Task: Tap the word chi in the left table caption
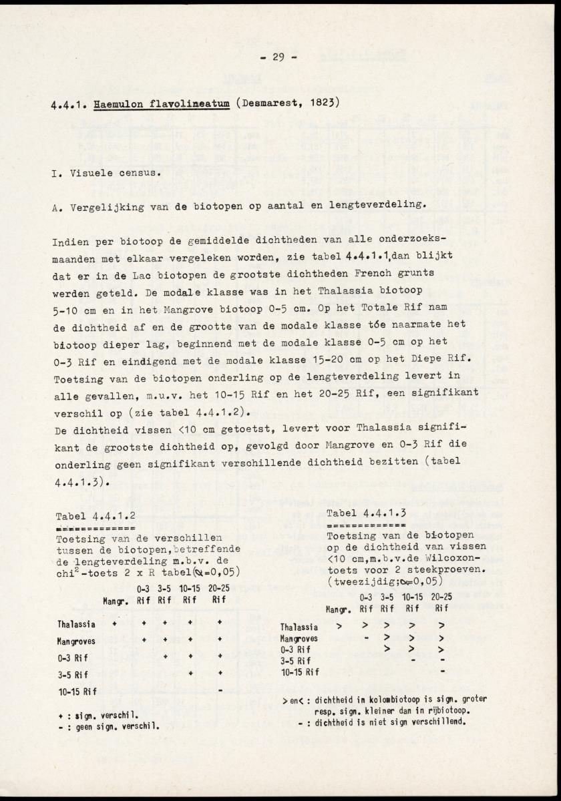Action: pos(66,572)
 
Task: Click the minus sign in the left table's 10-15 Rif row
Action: pos(220,689)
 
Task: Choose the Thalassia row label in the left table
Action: pos(76,624)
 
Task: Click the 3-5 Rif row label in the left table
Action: pos(72,674)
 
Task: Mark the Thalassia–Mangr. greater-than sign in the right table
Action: pos(339,626)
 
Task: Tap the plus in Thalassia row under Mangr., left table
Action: pos(114,624)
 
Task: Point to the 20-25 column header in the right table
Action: pos(441,597)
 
